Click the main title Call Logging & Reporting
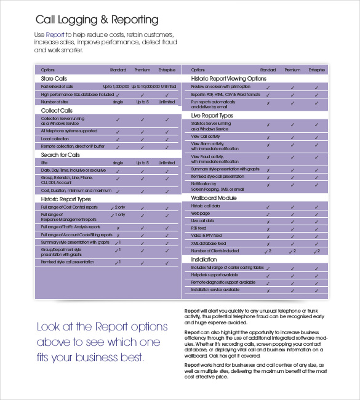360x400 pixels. [x=97, y=20]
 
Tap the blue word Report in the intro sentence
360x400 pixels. [x=55, y=34]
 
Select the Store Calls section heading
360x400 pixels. [x=54, y=79]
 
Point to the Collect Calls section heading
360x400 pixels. [x=57, y=110]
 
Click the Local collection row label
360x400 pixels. [x=55, y=139]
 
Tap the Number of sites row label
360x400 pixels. [x=55, y=102]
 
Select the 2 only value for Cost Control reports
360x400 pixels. [x=118, y=207]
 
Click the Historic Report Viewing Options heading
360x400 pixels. [x=228, y=79]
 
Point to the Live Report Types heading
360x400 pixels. [x=212, y=115]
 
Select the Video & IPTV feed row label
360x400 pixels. [x=206, y=236]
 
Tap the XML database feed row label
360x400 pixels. [x=209, y=243]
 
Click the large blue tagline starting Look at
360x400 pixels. [x=102, y=341]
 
